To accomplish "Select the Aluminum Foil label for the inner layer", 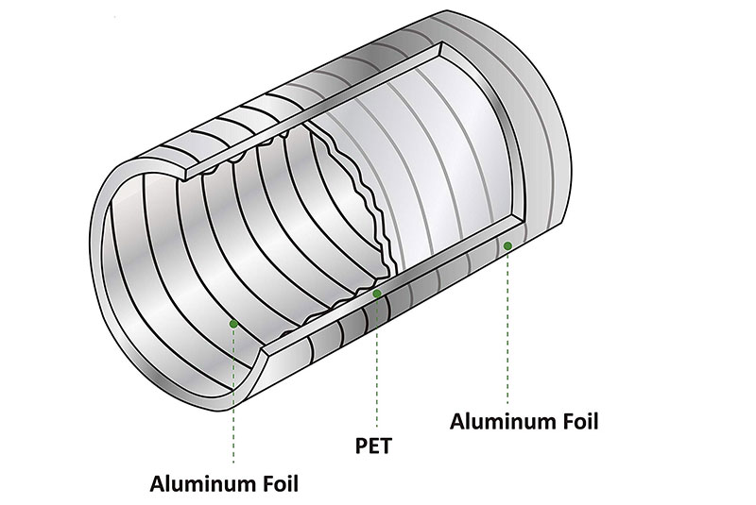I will pos(224,485).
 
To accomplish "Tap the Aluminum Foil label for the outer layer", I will pos(524,420).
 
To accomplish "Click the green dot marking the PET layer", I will pos(377,295).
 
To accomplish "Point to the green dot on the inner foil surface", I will pos(233,323).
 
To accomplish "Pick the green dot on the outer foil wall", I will pos(508,246).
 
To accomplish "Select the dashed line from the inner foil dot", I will pos(233,396).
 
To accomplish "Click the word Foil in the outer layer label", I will pos(578,420).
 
